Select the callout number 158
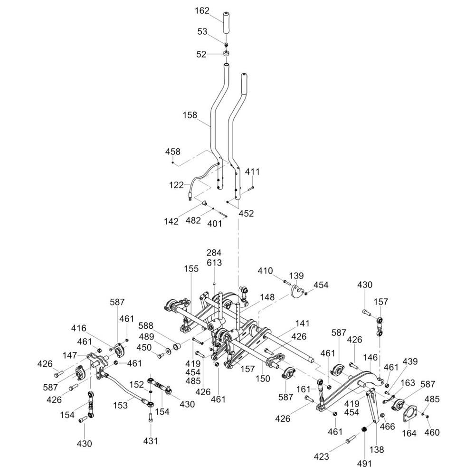coord(190,115)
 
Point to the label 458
coord(173,152)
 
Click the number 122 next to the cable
coord(176,185)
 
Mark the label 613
coord(214,263)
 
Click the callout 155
coord(191,268)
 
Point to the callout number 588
coord(146,325)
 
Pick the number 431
coord(151,441)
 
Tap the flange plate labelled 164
coord(407,413)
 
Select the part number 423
coord(322,457)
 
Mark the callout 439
coord(411,361)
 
